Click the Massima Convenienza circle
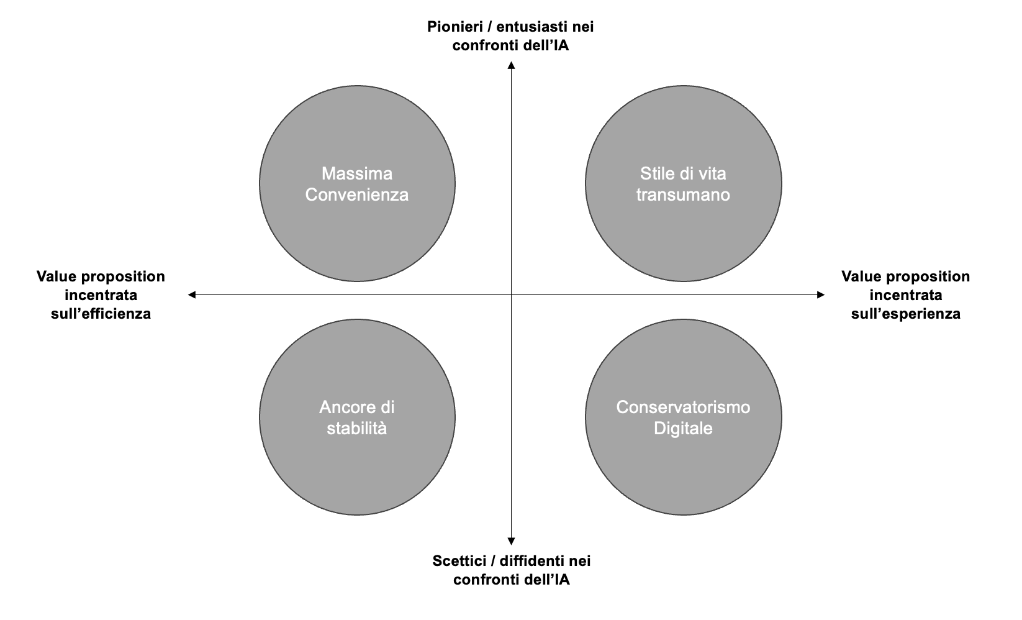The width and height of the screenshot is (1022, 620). tap(357, 183)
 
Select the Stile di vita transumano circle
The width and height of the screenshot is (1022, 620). tap(684, 183)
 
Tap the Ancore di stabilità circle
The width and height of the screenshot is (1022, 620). tap(357, 417)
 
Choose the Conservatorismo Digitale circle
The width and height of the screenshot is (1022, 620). tap(684, 417)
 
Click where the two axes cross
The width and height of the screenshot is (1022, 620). tap(512, 295)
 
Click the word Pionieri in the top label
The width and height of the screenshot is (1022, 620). tap(455, 27)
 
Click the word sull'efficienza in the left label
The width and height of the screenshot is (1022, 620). tap(101, 314)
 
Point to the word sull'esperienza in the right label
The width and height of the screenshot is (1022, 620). tap(906, 314)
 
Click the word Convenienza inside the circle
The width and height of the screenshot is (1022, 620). tap(357, 195)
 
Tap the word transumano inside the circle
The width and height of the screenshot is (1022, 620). tap(683, 195)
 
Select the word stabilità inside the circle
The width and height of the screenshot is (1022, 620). tap(357, 428)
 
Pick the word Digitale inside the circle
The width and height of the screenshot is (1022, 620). tap(683, 428)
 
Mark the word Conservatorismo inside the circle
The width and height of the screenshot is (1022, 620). tap(683, 408)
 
